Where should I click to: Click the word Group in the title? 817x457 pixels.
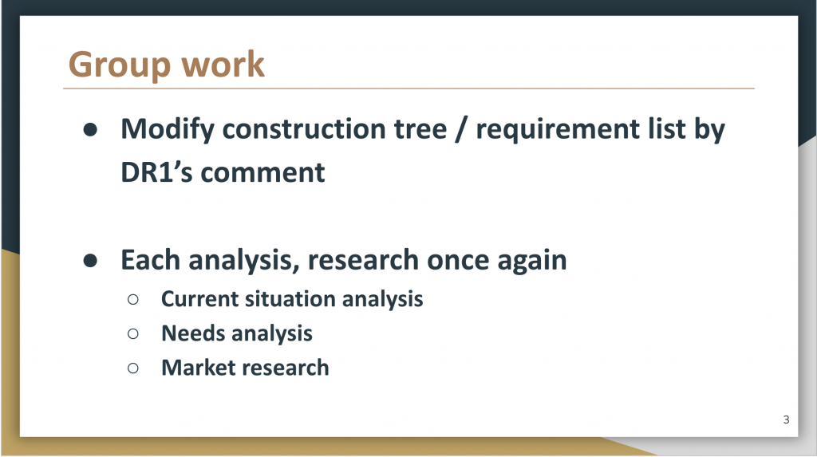tap(120, 65)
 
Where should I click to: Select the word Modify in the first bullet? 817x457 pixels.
tap(168, 130)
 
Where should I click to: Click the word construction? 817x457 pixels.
tap(334, 129)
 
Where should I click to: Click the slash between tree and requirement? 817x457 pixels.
tap(460, 129)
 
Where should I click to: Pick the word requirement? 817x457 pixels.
tap(558, 130)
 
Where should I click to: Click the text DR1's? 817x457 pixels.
tap(156, 172)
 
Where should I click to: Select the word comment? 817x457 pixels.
tap(262, 173)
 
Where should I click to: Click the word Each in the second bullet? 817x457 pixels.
tap(150, 259)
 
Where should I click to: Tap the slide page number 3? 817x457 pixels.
tap(786, 420)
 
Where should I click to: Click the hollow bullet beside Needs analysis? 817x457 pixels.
tap(133, 333)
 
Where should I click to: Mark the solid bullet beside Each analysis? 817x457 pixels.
tap(90, 261)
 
